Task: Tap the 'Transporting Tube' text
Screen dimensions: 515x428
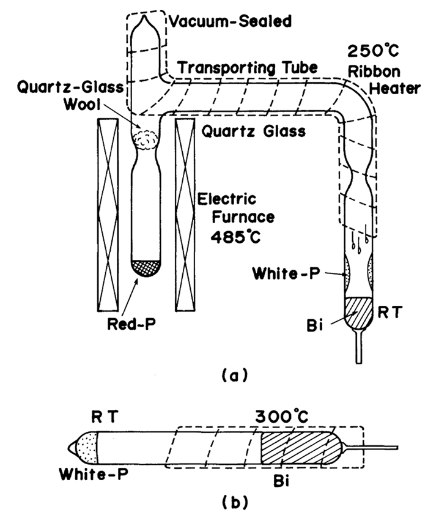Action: pos(248,69)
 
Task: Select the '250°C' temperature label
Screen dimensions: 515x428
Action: pos(367,51)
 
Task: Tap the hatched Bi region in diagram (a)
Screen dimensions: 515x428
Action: pos(354,313)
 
